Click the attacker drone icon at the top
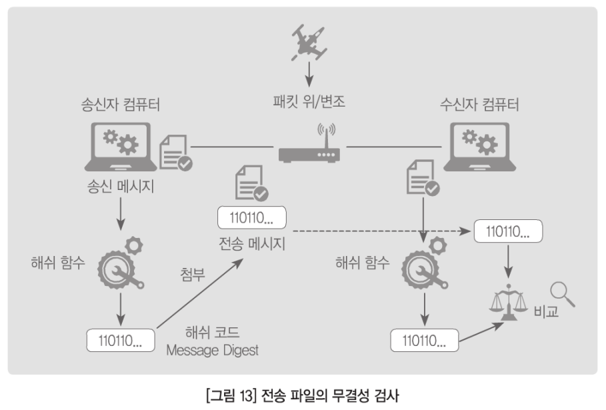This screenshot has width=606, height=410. (x=307, y=42)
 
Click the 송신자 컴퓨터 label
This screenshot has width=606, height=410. (x=121, y=105)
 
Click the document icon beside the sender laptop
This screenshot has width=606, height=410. (x=175, y=153)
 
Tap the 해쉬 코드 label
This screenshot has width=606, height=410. (x=213, y=331)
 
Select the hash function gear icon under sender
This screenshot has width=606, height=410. (x=121, y=265)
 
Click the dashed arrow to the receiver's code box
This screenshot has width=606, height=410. (x=380, y=231)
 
